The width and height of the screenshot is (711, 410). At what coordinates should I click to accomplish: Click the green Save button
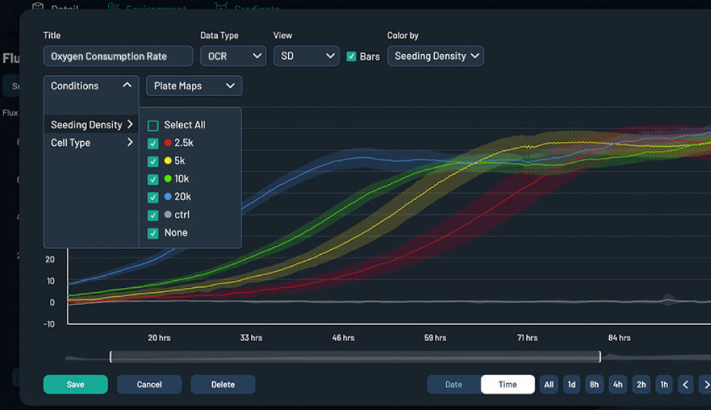[75, 385]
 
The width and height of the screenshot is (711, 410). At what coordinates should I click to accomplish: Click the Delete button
[223, 385]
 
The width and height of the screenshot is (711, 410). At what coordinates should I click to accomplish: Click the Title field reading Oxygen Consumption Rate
[117, 56]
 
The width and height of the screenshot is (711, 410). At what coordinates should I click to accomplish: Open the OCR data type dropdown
[233, 56]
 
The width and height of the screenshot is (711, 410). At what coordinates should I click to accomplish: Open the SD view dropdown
[306, 56]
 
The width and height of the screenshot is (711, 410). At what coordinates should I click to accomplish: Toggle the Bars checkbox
[352, 56]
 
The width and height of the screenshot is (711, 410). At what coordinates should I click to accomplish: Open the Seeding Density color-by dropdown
[435, 56]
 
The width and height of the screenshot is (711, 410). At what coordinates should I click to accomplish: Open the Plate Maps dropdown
[194, 86]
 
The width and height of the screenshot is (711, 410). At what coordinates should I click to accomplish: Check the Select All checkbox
[153, 125]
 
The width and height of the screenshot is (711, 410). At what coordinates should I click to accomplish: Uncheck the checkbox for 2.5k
[153, 143]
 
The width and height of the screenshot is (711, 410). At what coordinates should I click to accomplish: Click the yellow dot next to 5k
[167, 161]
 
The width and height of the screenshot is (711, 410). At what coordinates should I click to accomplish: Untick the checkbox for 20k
[153, 197]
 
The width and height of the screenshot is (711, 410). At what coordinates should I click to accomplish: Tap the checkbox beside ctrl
[153, 215]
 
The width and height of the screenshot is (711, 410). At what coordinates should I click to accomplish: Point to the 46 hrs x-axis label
[343, 338]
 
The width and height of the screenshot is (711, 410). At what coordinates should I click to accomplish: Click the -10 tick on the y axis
[49, 324]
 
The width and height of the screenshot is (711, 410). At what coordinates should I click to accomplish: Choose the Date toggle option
[454, 385]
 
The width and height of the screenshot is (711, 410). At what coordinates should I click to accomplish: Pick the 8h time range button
[594, 385]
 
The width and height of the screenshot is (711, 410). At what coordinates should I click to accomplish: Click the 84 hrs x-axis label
[619, 338]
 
